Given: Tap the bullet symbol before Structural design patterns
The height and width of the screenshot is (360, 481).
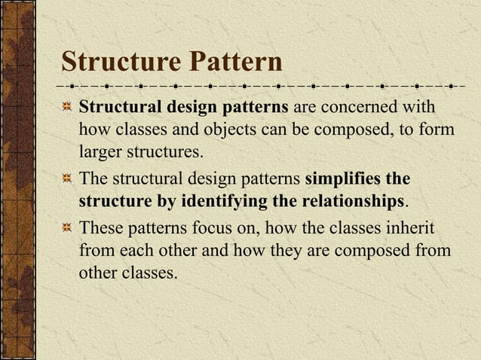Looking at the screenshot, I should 67,107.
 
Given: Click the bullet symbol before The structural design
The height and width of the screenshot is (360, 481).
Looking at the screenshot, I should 67,180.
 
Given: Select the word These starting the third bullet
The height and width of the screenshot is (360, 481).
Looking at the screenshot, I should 102,227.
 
